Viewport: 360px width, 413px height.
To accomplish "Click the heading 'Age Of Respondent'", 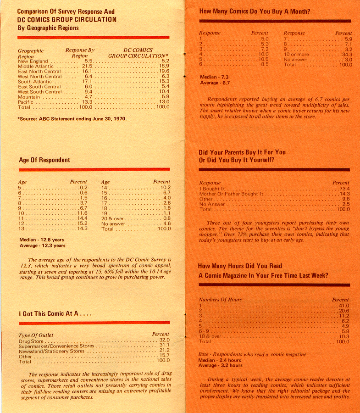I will pyautogui.click(x=44, y=160).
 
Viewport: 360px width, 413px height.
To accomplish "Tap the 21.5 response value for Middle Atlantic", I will pyautogui.click(x=87, y=66).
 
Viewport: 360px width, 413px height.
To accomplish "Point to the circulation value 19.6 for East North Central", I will pyautogui.click(x=164, y=71).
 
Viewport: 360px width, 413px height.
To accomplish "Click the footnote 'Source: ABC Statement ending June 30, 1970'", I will pyautogui.click(x=72, y=119).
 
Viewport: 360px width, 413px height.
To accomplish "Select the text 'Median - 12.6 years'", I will pyautogui.click(x=41, y=240).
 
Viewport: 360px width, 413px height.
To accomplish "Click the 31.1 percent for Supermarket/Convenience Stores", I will pyautogui.click(x=164, y=345).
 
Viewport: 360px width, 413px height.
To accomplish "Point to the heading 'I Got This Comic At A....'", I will pyautogui.click(x=55, y=314).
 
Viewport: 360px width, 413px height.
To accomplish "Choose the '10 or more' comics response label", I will pyautogui.click(x=296, y=55).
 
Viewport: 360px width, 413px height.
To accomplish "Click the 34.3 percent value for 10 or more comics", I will pyautogui.click(x=346, y=55).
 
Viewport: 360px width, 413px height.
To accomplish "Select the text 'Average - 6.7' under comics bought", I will pyautogui.click(x=215, y=83).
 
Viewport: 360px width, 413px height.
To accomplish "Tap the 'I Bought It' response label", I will pyautogui.click(x=212, y=189).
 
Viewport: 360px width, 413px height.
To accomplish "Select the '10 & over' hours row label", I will pyautogui.click(x=210, y=336).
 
